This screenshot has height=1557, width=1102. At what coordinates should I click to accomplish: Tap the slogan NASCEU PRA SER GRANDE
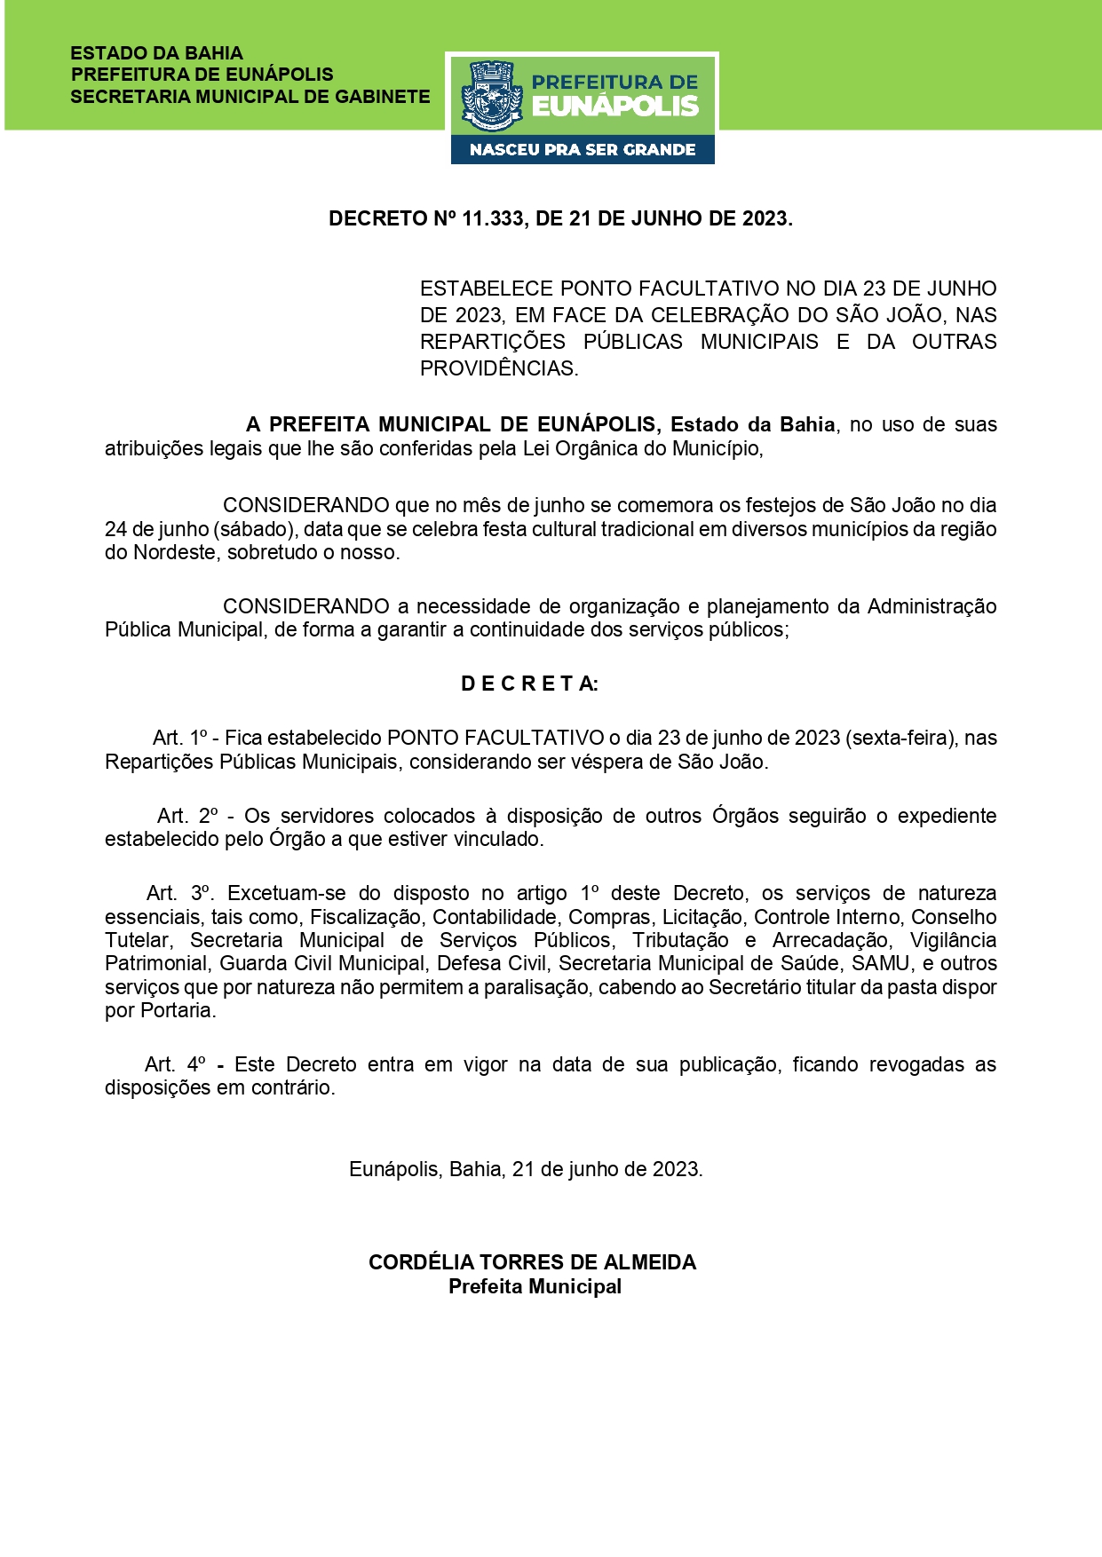pyautogui.click(x=583, y=150)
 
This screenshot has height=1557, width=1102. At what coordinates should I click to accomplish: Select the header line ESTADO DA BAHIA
pyautogui.click(x=156, y=53)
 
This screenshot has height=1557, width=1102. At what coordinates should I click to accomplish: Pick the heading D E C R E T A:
pyautogui.click(x=529, y=684)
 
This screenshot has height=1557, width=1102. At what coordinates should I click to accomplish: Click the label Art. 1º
pyautogui.click(x=179, y=738)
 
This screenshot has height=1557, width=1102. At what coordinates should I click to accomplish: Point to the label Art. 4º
pyautogui.click(x=175, y=1064)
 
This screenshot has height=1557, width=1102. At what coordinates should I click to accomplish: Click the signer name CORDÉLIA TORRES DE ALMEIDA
pyautogui.click(x=532, y=1262)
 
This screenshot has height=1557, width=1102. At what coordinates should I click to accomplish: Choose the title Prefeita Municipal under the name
pyautogui.click(x=535, y=1286)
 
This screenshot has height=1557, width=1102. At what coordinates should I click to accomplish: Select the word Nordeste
pyautogui.click(x=174, y=552)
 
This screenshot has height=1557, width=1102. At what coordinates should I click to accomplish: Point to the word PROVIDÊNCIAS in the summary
pyautogui.click(x=498, y=368)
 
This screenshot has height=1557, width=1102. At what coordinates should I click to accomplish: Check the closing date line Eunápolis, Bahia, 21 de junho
pyautogui.click(x=526, y=1169)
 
